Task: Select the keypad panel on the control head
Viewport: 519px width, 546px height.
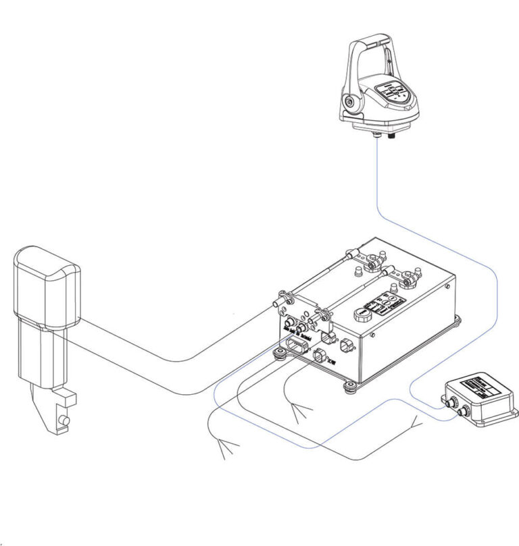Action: [393, 92]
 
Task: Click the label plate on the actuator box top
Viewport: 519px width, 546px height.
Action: [382, 300]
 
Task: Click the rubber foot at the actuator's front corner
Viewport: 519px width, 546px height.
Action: [278, 353]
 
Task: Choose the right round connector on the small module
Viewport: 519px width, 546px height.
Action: [463, 412]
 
